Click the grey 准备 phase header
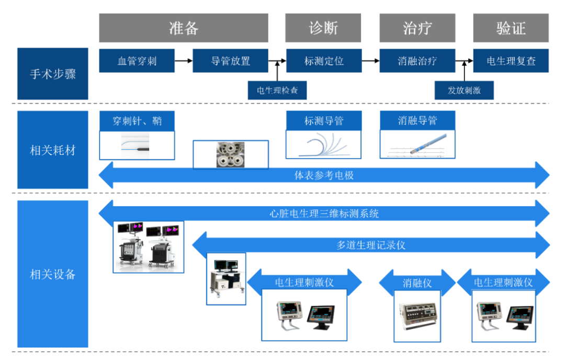[184, 28]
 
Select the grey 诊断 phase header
[324, 28]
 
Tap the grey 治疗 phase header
[417, 28]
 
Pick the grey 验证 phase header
[511, 28]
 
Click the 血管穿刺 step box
[137, 61]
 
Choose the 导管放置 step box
[230, 61]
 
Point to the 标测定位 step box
[324, 61]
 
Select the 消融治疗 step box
[417, 61]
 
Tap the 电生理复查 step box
[511, 61]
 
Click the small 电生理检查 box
[277, 90]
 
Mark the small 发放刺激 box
[464, 90]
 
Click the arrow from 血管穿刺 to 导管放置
[183, 61]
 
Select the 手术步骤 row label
[53, 74]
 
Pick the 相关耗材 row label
[53, 150]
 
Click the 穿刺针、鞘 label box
[137, 121]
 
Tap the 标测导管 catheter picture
[324, 144]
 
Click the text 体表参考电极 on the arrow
[324, 175]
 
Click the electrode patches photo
[230, 154]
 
